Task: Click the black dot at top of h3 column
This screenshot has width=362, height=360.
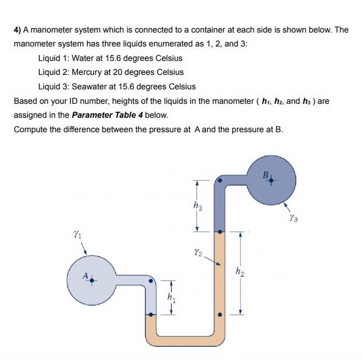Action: [220, 181]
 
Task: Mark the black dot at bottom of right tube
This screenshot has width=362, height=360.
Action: [220, 313]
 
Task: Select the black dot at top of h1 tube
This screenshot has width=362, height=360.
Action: [150, 281]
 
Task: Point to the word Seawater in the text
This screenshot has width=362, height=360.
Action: [90, 86]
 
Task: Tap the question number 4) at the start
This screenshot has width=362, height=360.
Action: [17, 30]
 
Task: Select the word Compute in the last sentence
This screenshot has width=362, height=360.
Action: [31, 129]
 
